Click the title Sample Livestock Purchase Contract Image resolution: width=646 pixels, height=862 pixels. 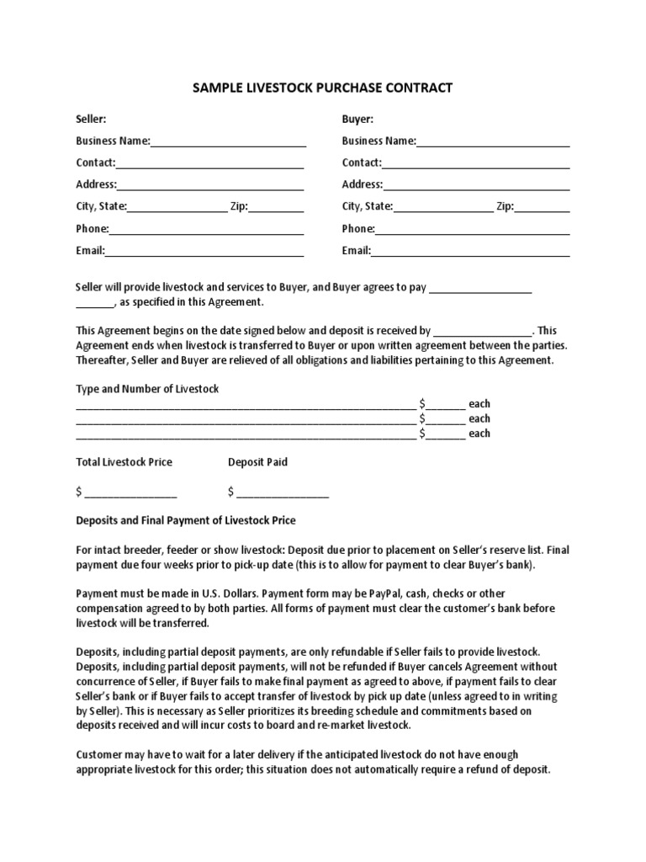323,88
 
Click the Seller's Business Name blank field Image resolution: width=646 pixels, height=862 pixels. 228,141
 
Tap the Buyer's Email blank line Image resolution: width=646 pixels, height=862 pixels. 470,251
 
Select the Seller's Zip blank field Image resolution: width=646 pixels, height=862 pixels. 276,207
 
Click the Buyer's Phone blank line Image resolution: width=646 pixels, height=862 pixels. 472,229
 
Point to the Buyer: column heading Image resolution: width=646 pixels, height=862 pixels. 357,120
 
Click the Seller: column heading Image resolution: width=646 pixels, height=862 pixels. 91,120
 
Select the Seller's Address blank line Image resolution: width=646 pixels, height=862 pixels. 210,185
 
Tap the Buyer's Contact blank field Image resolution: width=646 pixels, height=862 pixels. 476,163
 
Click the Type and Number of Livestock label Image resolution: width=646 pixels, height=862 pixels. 147,389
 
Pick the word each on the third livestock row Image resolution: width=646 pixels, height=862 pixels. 479,434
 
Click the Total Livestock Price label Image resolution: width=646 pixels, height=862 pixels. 124,462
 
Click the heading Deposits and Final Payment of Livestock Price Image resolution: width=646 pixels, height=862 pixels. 186,520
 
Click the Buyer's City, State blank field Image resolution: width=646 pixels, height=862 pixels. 443,207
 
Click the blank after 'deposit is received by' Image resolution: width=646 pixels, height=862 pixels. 483,332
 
